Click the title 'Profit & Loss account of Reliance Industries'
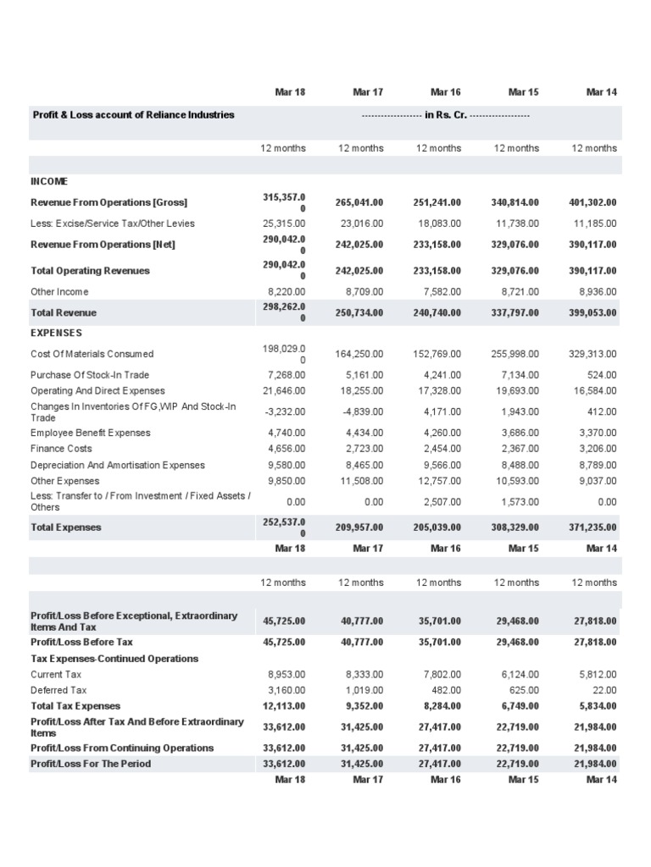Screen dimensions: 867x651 click(x=132, y=114)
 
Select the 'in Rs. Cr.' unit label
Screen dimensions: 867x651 click(x=445, y=114)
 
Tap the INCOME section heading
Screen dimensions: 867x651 click(x=49, y=182)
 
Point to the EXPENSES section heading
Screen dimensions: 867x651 click(x=56, y=333)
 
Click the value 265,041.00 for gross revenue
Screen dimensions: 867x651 click(x=360, y=202)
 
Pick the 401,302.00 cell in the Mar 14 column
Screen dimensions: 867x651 click(x=593, y=202)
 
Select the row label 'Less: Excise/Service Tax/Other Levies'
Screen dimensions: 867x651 click(x=113, y=224)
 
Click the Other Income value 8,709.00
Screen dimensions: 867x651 click(x=364, y=291)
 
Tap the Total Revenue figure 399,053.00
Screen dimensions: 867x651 click(x=593, y=312)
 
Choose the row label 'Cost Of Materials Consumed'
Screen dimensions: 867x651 click(x=92, y=354)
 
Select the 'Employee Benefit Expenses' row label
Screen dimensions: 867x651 click(x=91, y=433)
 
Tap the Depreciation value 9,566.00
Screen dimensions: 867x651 click(x=442, y=465)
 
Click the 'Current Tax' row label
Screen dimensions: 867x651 click(x=56, y=675)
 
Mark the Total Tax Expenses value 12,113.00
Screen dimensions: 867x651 click(x=284, y=706)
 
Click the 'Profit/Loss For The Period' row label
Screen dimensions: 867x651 click(x=91, y=764)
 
